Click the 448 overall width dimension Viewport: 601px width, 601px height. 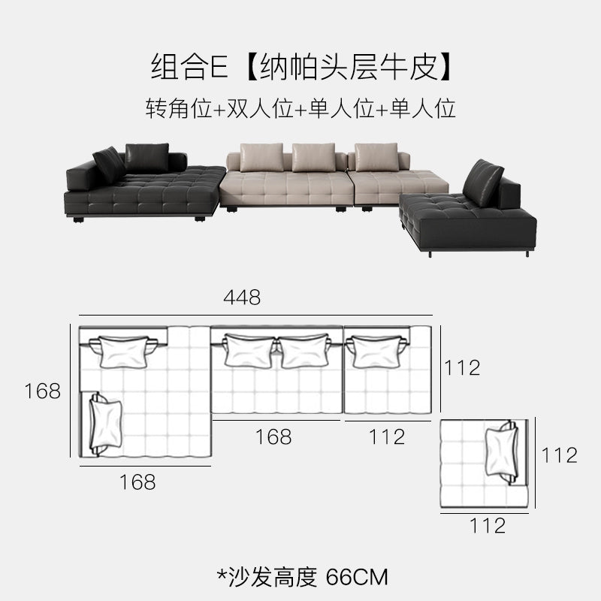(x=242, y=297)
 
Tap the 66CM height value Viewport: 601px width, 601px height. (x=357, y=577)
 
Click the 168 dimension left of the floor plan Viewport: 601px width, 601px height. (x=43, y=391)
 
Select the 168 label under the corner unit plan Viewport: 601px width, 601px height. (x=137, y=482)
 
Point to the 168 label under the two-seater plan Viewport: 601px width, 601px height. (x=273, y=437)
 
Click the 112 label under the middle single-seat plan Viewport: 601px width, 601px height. (x=387, y=437)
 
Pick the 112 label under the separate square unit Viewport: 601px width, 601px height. (x=488, y=526)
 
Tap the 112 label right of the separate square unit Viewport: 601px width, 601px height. (x=559, y=456)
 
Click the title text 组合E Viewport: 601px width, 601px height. (x=190, y=67)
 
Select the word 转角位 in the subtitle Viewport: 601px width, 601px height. (x=179, y=108)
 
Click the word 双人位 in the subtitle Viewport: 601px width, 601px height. (x=261, y=108)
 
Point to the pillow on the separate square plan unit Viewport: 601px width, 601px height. (x=501, y=453)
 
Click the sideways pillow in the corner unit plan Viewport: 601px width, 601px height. (x=106, y=424)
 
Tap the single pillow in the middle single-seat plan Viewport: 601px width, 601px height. (x=377, y=352)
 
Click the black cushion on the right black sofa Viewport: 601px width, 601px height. (x=483, y=183)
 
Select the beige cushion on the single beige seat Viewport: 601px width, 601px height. (x=376, y=157)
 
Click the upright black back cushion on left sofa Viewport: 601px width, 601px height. (x=146, y=158)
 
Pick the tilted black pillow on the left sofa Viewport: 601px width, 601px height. (x=109, y=165)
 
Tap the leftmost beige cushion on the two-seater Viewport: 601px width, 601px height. (x=261, y=157)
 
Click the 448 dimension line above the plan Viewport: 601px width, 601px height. (x=255, y=316)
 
